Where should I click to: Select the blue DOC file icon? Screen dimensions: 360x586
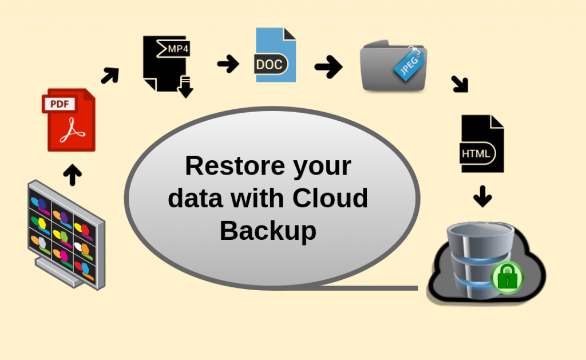click(x=275, y=56)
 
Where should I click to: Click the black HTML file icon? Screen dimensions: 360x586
click(x=482, y=144)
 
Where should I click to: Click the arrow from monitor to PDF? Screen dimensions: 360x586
click(x=72, y=175)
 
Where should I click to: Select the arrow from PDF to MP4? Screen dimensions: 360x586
click(x=110, y=75)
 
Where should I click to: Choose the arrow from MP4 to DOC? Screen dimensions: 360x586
click(x=228, y=64)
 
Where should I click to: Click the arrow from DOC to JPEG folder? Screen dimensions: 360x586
click(x=328, y=68)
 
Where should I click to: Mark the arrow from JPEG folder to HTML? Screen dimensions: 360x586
click(x=460, y=84)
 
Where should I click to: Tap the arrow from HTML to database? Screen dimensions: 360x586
click(x=482, y=196)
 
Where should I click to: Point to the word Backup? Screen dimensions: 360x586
click(x=268, y=230)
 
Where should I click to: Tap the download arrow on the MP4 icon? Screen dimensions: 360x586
click(x=185, y=88)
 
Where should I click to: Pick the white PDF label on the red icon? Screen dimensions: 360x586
click(x=60, y=104)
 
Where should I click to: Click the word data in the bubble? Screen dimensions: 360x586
click(x=195, y=198)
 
